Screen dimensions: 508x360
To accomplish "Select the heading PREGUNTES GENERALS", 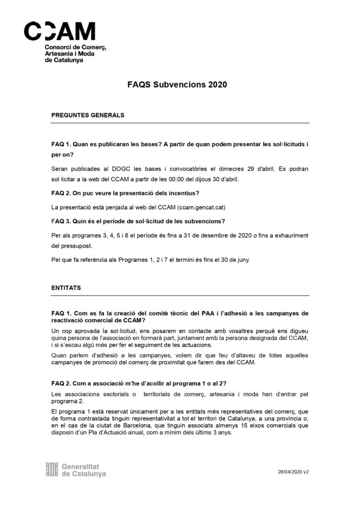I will click(x=87, y=115).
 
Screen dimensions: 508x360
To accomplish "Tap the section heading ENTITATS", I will click(x=67, y=287).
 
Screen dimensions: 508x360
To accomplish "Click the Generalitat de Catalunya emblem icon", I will click(x=52, y=469).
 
